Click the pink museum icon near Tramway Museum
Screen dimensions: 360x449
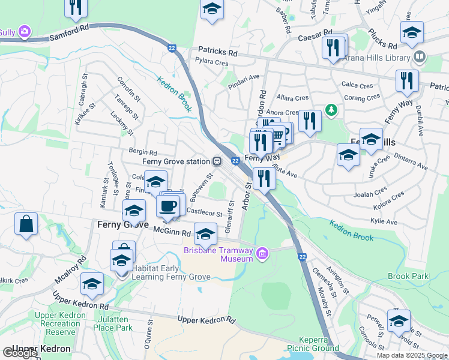tap(262, 254)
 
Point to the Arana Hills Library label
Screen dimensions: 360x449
tap(376, 58)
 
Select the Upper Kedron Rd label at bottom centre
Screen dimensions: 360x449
tap(206, 319)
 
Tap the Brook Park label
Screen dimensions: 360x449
tap(408, 276)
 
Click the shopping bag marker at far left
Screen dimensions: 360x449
tap(26, 224)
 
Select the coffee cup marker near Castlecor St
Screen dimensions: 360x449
tap(167, 206)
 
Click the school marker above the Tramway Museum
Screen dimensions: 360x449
tap(205, 233)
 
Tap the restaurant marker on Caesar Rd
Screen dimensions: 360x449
tap(333, 46)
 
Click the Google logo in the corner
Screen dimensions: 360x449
tap(20, 353)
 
